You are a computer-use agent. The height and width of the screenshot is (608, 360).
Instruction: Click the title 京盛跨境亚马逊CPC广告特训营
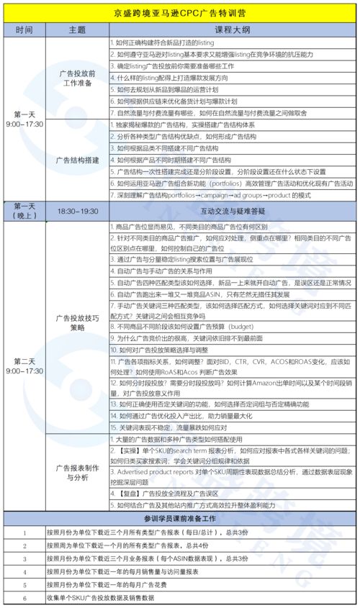[180, 12]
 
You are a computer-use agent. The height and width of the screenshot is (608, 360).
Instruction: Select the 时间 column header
[24, 30]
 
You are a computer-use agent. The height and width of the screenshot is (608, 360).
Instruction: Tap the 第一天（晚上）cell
[24, 211]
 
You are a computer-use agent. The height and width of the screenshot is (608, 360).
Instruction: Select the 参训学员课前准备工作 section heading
[180, 518]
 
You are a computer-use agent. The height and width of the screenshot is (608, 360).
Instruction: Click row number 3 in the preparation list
[24, 558]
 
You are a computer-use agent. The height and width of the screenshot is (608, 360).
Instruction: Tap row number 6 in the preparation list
[24, 596]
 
